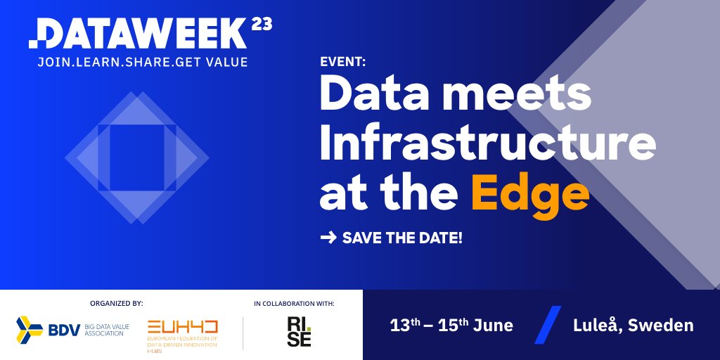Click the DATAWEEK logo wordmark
tap(137, 34)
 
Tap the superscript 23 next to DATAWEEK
tap(261, 25)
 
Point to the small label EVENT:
tap(342, 61)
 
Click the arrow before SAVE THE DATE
tap(328, 238)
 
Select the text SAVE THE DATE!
tap(402, 238)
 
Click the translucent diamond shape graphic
tap(137, 157)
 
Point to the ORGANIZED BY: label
tap(116, 304)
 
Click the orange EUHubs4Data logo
tap(183, 331)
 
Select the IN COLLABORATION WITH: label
tap(294, 304)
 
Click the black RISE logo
tap(299, 331)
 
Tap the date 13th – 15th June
tap(451, 326)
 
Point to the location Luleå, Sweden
tap(633, 326)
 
